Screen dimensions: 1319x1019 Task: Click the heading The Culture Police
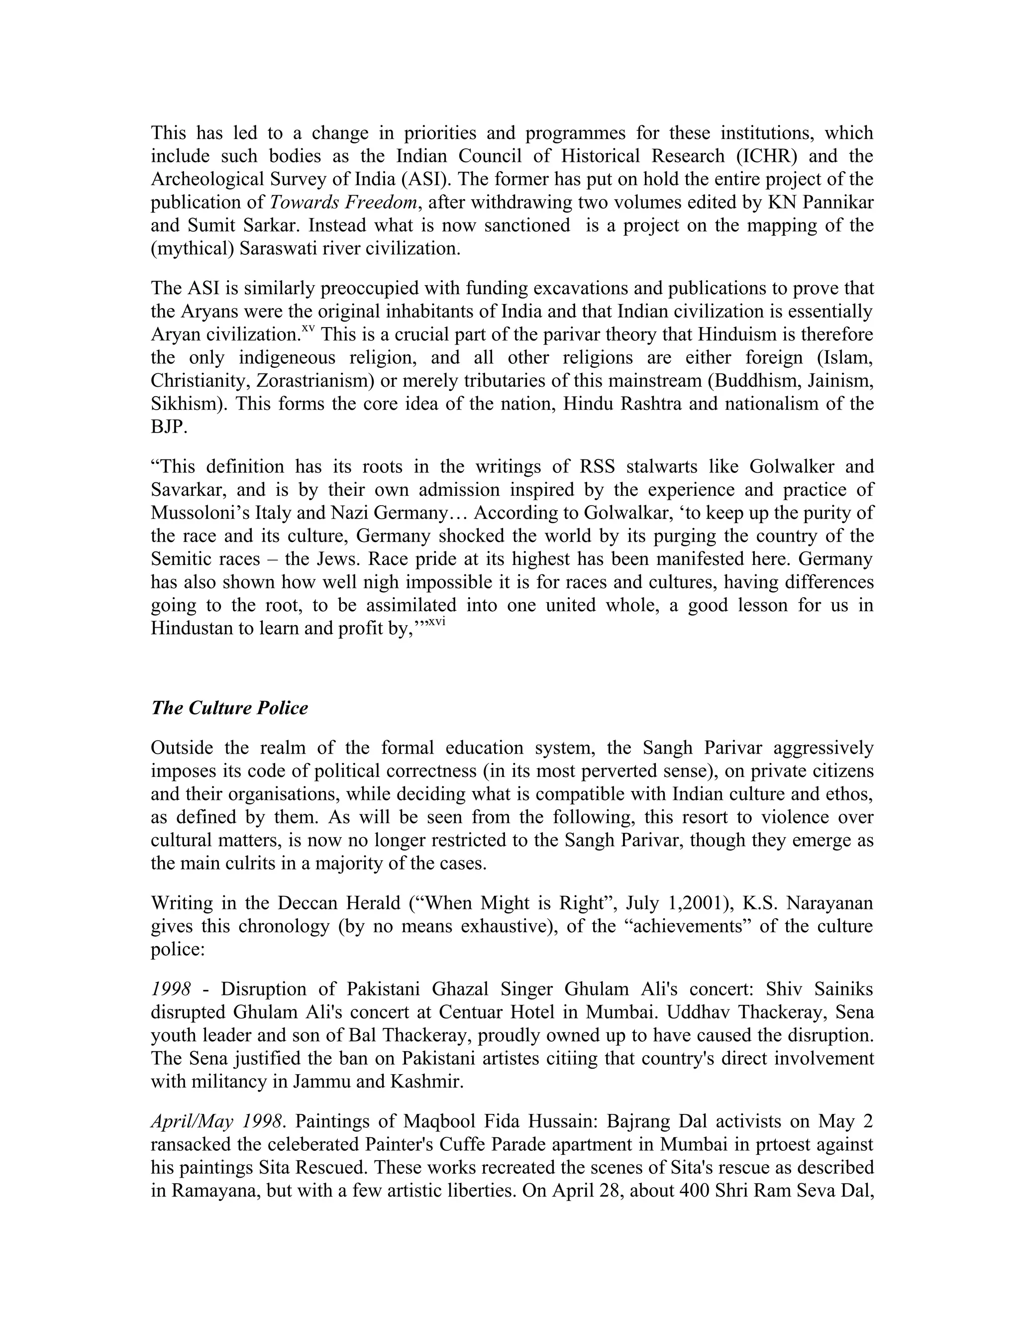[229, 708]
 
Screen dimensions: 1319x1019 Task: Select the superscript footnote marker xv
[308, 329]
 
